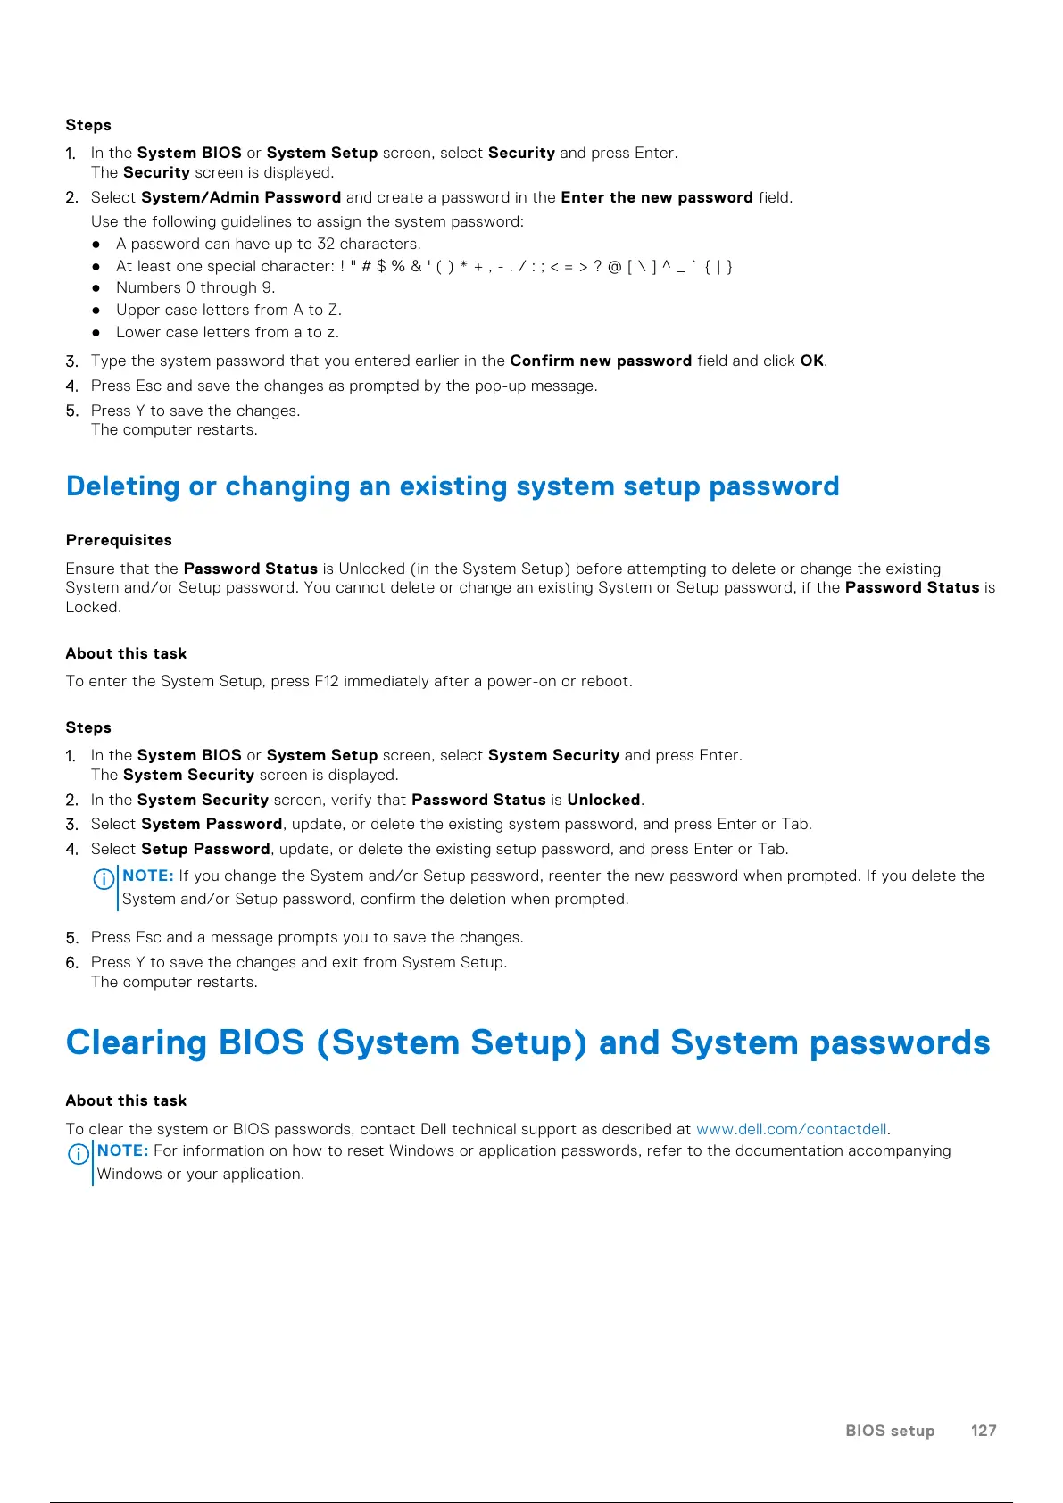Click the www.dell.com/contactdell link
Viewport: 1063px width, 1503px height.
(x=791, y=1129)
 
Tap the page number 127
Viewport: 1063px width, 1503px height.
(x=983, y=1431)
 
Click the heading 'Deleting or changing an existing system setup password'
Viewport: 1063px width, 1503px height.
(x=453, y=486)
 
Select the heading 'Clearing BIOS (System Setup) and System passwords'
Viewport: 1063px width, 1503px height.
(x=527, y=1042)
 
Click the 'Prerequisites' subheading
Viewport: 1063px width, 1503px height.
(x=119, y=540)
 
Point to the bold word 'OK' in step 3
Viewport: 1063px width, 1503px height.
(x=811, y=361)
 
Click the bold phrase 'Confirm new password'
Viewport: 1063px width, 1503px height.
(x=601, y=361)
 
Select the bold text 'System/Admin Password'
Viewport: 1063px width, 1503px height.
(x=241, y=197)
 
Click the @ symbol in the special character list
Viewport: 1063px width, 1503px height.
(x=614, y=266)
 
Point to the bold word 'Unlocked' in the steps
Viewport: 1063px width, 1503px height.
(x=603, y=800)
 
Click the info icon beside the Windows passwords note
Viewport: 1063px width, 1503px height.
(x=79, y=1154)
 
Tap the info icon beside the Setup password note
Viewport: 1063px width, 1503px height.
(x=104, y=879)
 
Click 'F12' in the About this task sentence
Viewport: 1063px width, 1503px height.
(x=327, y=681)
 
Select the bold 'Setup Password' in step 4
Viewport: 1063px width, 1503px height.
(x=205, y=849)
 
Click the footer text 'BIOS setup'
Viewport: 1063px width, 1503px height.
(x=890, y=1431)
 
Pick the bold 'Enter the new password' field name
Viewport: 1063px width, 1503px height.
(x=657, y=197)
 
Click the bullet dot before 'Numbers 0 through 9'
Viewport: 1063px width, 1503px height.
(x=96, y=288)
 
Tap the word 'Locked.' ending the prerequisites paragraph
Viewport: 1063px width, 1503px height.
(x=93, y=607)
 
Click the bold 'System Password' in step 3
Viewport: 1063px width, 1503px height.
(x=212, y=824)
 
